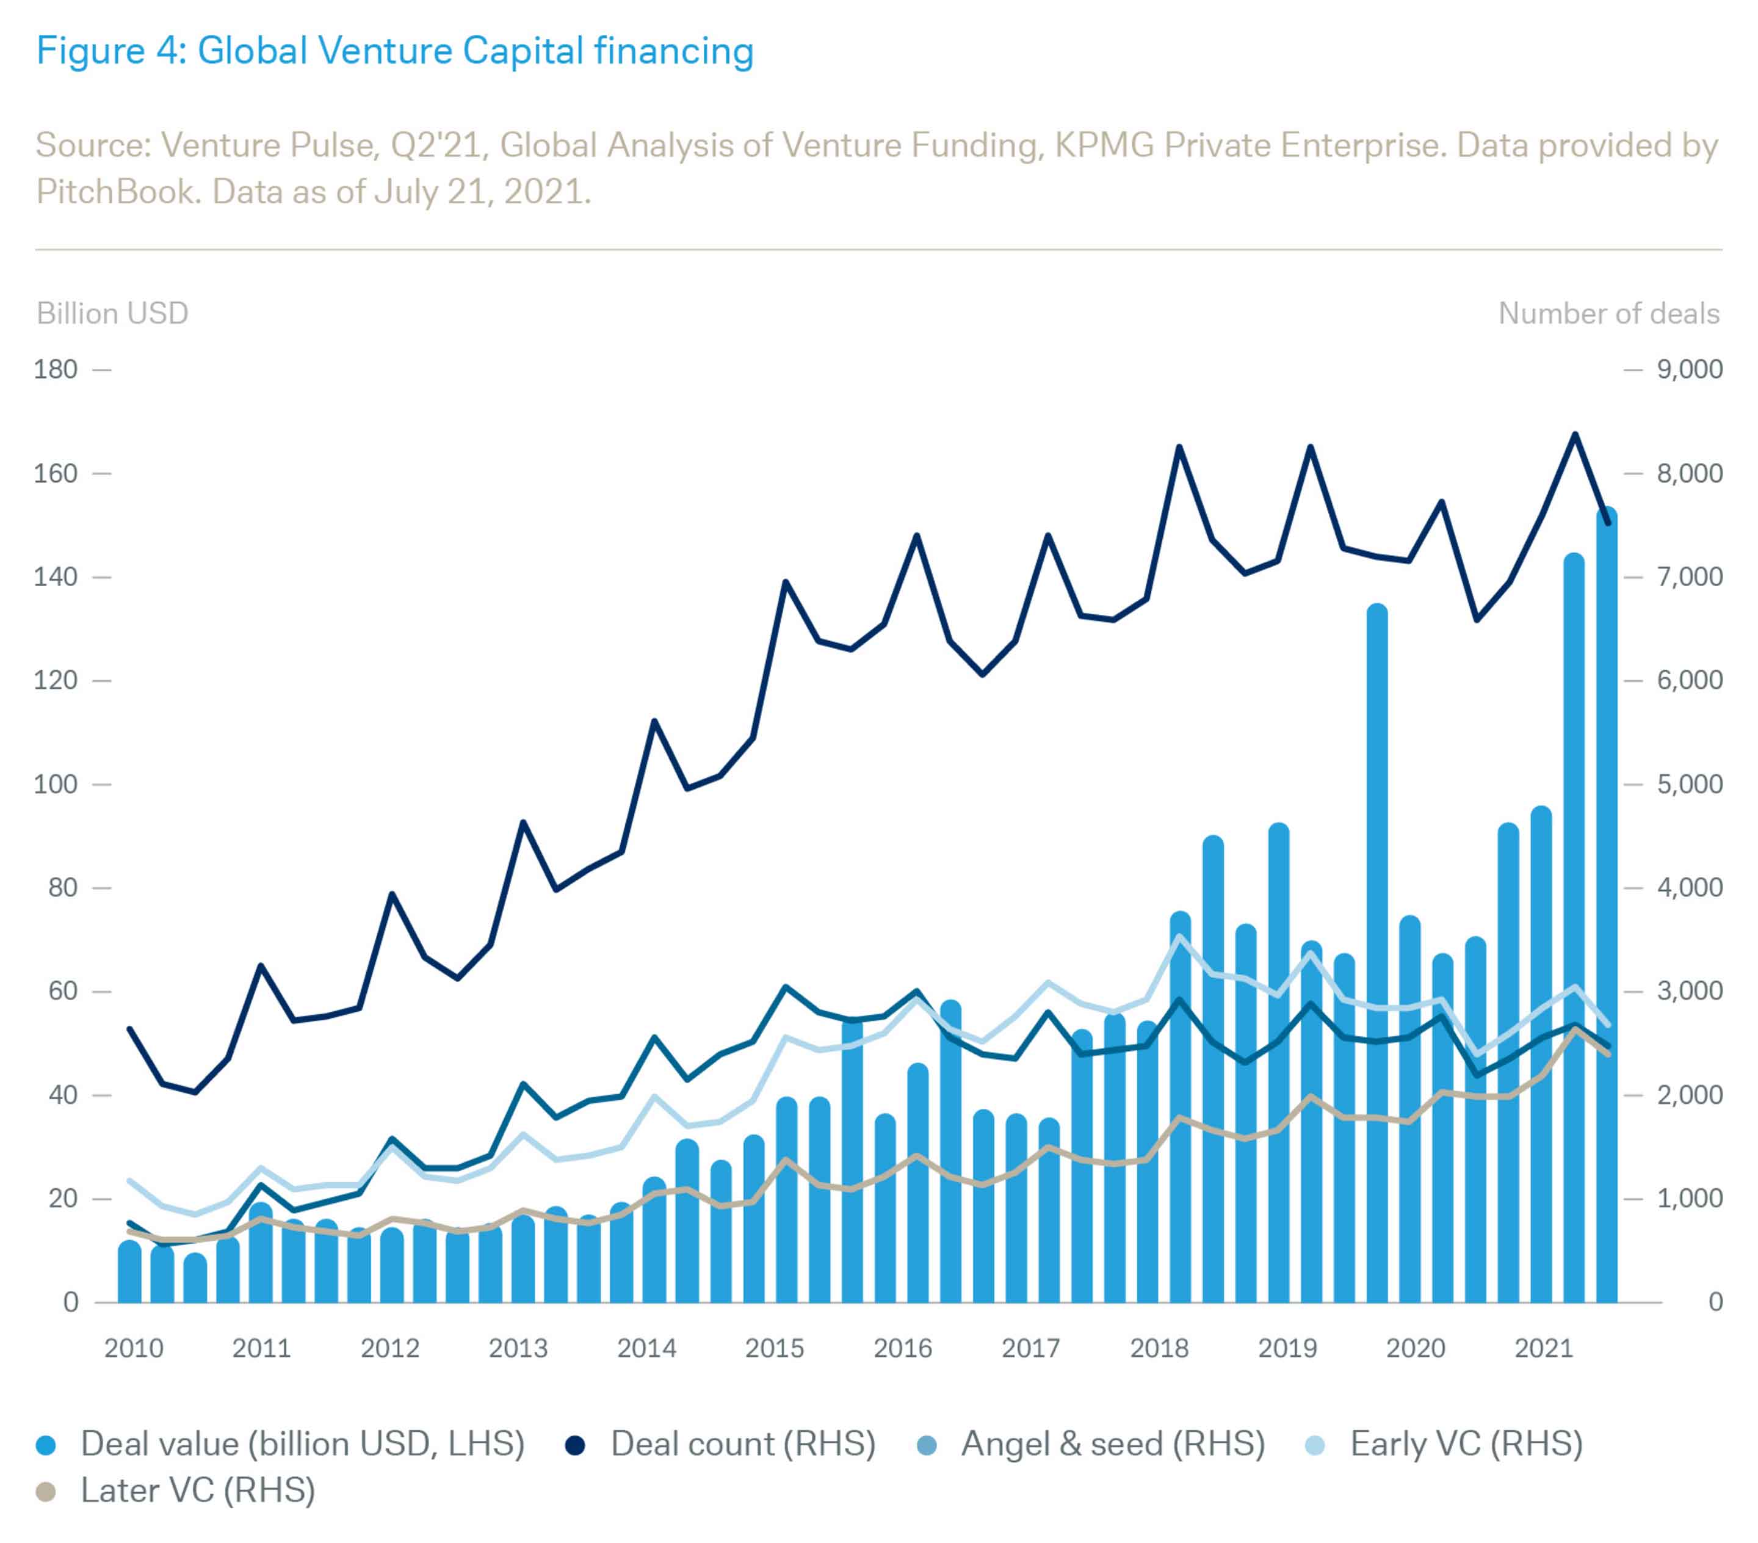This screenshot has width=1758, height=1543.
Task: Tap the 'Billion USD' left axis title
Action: point(112,313)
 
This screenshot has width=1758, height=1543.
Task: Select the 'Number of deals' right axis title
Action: point(1608,313)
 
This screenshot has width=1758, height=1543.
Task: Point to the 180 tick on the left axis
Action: point(56,369)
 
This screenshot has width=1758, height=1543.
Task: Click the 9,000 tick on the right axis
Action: point(1689,369)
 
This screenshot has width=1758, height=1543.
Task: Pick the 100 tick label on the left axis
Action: point(56,784)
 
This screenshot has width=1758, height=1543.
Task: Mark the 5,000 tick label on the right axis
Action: point(1689,784)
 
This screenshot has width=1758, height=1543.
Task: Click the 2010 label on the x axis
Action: point(133,1348)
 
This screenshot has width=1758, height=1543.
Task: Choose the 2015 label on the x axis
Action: point(774,1348)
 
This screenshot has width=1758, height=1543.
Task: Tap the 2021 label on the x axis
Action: point(1543,1348)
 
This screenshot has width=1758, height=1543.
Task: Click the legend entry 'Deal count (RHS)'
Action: point(742,1444)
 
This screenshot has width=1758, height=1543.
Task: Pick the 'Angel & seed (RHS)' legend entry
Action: point(1113,1444)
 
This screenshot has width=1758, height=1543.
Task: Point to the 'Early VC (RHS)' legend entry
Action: point(1466,1444)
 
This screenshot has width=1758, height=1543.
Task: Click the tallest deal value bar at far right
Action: point(1607,904)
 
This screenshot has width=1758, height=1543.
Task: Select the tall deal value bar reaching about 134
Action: point(1377,946)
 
